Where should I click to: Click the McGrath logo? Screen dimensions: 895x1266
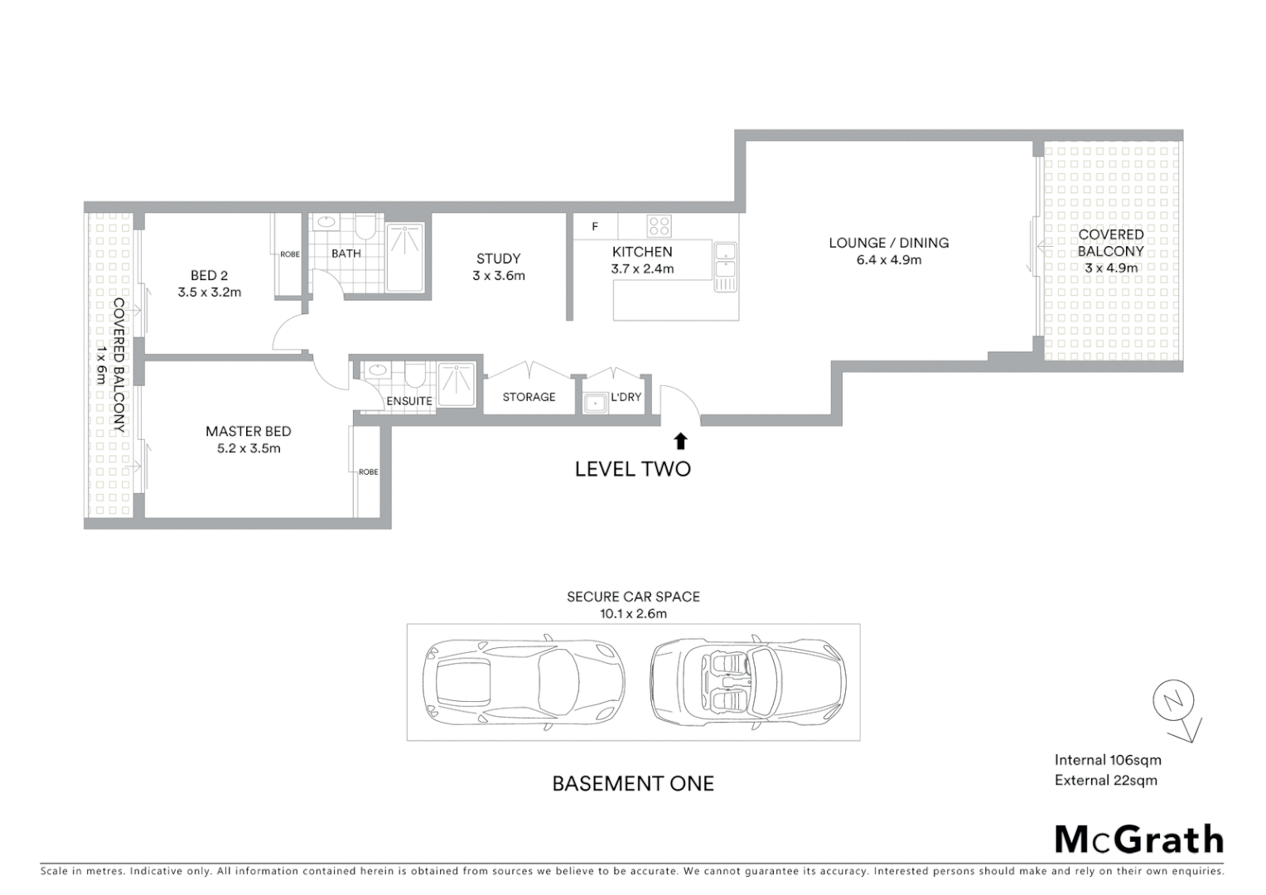coord(1139,839)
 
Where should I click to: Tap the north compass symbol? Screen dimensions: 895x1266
coord(1175,704)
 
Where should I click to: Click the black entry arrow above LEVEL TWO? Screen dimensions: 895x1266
coord(680,441)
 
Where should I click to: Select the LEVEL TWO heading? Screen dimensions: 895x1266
coord(632,469)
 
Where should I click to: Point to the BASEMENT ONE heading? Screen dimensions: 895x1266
coord(633,783)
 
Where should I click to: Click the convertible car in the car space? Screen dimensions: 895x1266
coord(747,682)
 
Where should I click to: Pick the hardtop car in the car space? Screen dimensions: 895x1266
coord(523,682)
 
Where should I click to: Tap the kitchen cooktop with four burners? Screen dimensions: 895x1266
coord(659,225)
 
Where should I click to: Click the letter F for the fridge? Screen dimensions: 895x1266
coord(595,226)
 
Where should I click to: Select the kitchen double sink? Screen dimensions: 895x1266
coord(725,267)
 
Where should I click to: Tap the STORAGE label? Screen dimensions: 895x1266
coord(529,397)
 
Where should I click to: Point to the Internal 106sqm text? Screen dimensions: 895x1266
coord(1107,760)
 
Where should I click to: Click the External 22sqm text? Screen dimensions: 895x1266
coord(1105,780)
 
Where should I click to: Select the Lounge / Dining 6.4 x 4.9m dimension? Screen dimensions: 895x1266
coord(888,260)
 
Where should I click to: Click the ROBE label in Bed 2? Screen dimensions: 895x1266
coord(289,254)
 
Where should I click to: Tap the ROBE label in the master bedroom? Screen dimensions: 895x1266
coord(368,472)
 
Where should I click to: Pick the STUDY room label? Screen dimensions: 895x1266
coord(498,259)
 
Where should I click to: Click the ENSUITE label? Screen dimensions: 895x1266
coord(408,401)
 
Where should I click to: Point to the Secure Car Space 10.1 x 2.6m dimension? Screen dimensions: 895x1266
coord(633,614)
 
